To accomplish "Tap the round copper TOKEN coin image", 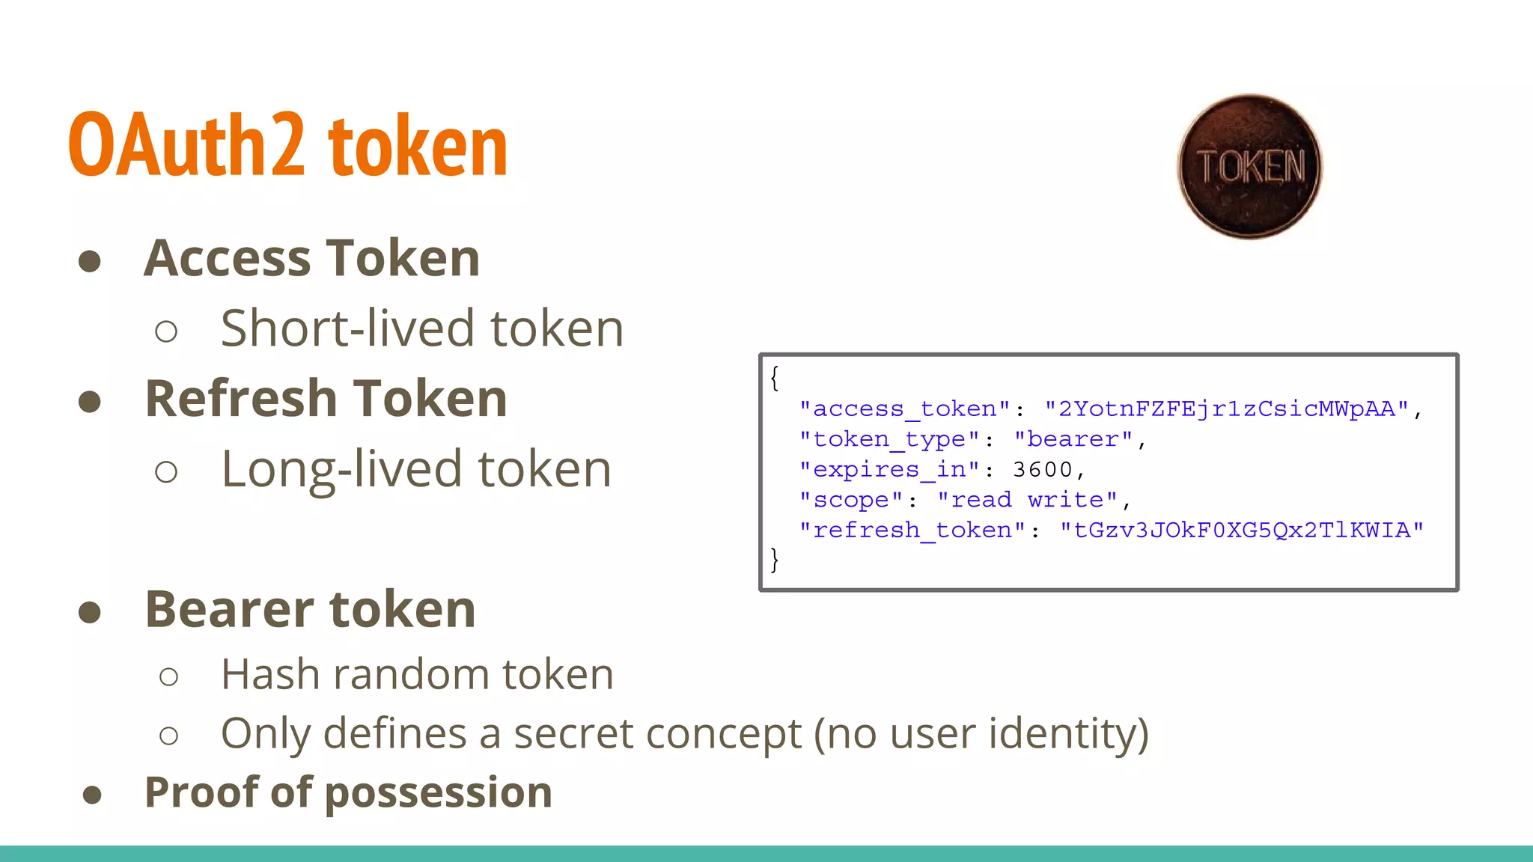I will pyautogui.click(x=1249, y=166).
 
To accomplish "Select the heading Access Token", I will pyautogui.click(x=311, y=258).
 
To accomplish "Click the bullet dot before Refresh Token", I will pyautogui.click(x=90, y=401).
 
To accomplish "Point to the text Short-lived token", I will pyautogui.click(x=422, y=328).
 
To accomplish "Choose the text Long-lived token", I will pyautogui.click(x=416, y=469).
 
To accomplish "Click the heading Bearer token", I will pyautogui.click(x=310, y=609).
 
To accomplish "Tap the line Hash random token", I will pyautogui.click(x=417, y=674).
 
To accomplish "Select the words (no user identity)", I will pyautogui.click(x=981, y=733).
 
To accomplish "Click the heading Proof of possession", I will pyautogui.click(x=348, y=792).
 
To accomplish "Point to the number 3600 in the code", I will pyautogui.click(x=1043, y=470).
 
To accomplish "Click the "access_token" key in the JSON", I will pyautogui.click(x=905, y=409).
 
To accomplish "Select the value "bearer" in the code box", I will pyautogui.click(x=1073, y=439).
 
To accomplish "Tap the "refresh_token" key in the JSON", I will pyautogui.click(x=912, y=531).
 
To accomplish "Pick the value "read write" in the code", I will pyautogui.click(x=1028, y=500).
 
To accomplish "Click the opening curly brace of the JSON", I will pyautogui.click(x=775, y=378).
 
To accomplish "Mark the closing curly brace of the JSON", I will pyautogui.click(x=775, y=560).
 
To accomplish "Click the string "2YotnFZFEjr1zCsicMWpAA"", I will pyautogui.click(x=1227, y=409).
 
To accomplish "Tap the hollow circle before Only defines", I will pyautogui.click(x=169, y=736).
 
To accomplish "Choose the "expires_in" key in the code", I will pyautogui.click(x=889, y=470).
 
